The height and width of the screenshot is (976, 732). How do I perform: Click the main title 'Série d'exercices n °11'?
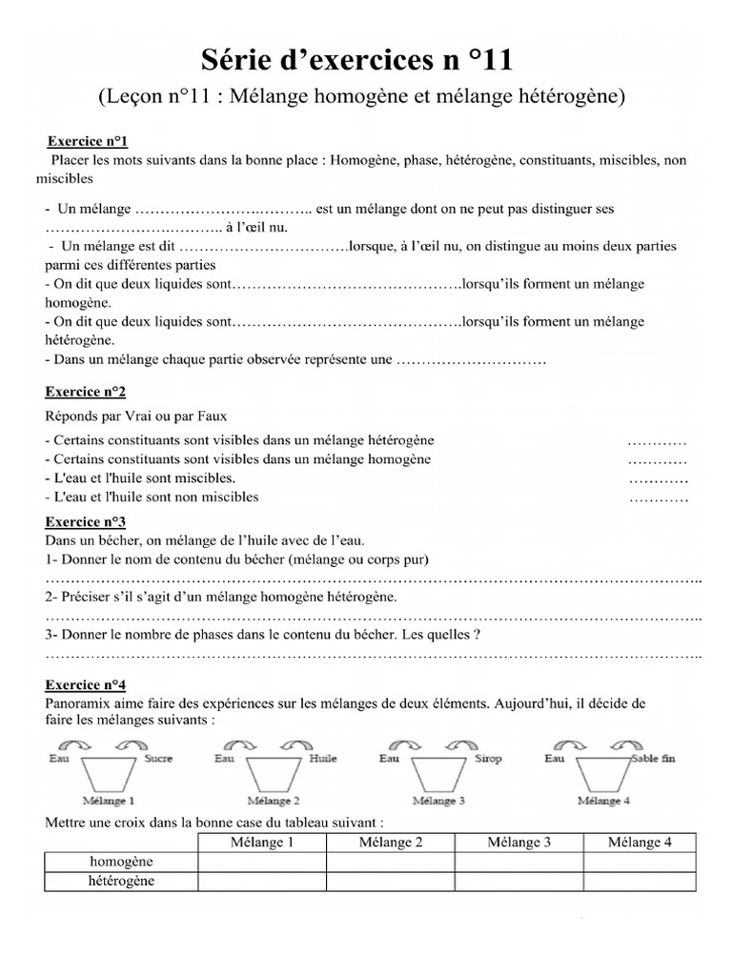pyautogui.click(x=357, y=62)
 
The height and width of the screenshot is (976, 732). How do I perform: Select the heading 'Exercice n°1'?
pyautogui.click(x=87, y=141)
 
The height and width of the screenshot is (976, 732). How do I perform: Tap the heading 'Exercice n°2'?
pyautogui.click(x=86, y=392)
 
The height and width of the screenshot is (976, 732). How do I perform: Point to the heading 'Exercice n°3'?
pyautogui.click(x=86, y=521)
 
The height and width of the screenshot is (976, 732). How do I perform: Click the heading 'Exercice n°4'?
pyautogui.click(x=86, y=684)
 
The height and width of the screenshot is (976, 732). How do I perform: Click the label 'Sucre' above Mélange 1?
pyautogui.click(x=157, y=759)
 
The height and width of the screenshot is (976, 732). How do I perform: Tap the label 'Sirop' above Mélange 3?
pyautogui.click(x=487, y=759)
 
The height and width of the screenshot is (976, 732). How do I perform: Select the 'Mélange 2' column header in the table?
pyautogui.click(x=391, y=842)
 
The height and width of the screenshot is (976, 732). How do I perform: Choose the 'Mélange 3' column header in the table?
pyautogui.click(x=519, y=842)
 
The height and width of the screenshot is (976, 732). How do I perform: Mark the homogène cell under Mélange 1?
pyautogui.click(x=261, y=862)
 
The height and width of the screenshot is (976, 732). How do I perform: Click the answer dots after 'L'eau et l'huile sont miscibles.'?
pyautogui.click(x=658, y=478)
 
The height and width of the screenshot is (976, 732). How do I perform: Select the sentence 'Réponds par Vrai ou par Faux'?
pyautogui.click(x=136, y=416)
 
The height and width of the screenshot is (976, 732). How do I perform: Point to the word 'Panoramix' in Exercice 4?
pyautogui.click(x=78, y=703)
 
